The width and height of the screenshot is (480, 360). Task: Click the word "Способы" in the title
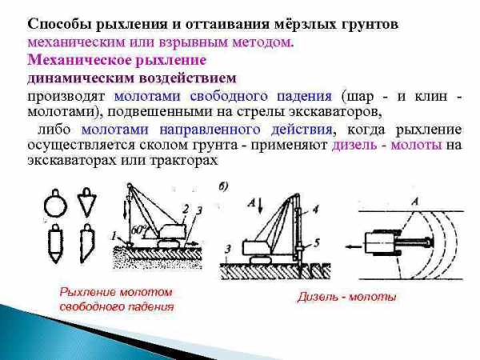click(59, 25)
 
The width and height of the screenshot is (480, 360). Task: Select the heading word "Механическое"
click(79, 60)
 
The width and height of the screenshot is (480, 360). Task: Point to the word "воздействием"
click(188, 78)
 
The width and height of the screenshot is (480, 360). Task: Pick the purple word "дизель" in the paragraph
click(354, 145)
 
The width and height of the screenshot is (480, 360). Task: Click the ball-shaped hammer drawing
click(55, 203)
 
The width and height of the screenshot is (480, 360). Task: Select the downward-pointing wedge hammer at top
click(87, 202)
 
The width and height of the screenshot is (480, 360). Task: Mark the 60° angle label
click(138, 230)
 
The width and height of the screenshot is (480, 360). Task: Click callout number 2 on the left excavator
click(186, 210)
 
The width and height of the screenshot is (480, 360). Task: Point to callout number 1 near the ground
click(114, 236)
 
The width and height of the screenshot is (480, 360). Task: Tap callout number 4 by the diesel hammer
click(316, 210)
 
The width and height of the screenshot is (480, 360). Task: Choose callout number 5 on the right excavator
click(317, 242)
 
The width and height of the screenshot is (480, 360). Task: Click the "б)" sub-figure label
click(223, 186)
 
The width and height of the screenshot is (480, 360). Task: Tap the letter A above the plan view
click(415, 202)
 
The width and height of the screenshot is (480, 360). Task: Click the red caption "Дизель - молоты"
click(347, 297)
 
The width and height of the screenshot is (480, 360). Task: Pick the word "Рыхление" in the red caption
click(87, 292)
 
